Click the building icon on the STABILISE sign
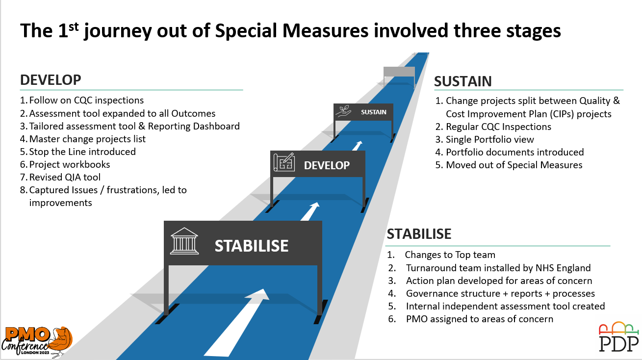184,241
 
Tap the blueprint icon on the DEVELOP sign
284,162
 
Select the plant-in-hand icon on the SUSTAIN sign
343,111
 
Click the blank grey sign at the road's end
399,72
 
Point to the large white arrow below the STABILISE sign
237,322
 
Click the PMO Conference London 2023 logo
37,342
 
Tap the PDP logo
619,337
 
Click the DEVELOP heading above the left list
51,80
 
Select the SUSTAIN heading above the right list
463,81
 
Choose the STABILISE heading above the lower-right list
419,234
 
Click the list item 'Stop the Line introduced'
82,152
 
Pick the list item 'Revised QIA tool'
65,177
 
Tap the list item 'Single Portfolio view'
490,139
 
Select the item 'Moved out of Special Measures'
514,165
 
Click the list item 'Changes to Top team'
450,255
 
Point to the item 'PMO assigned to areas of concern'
480,319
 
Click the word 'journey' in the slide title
118,31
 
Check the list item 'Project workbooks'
70,164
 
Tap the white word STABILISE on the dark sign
251,246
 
